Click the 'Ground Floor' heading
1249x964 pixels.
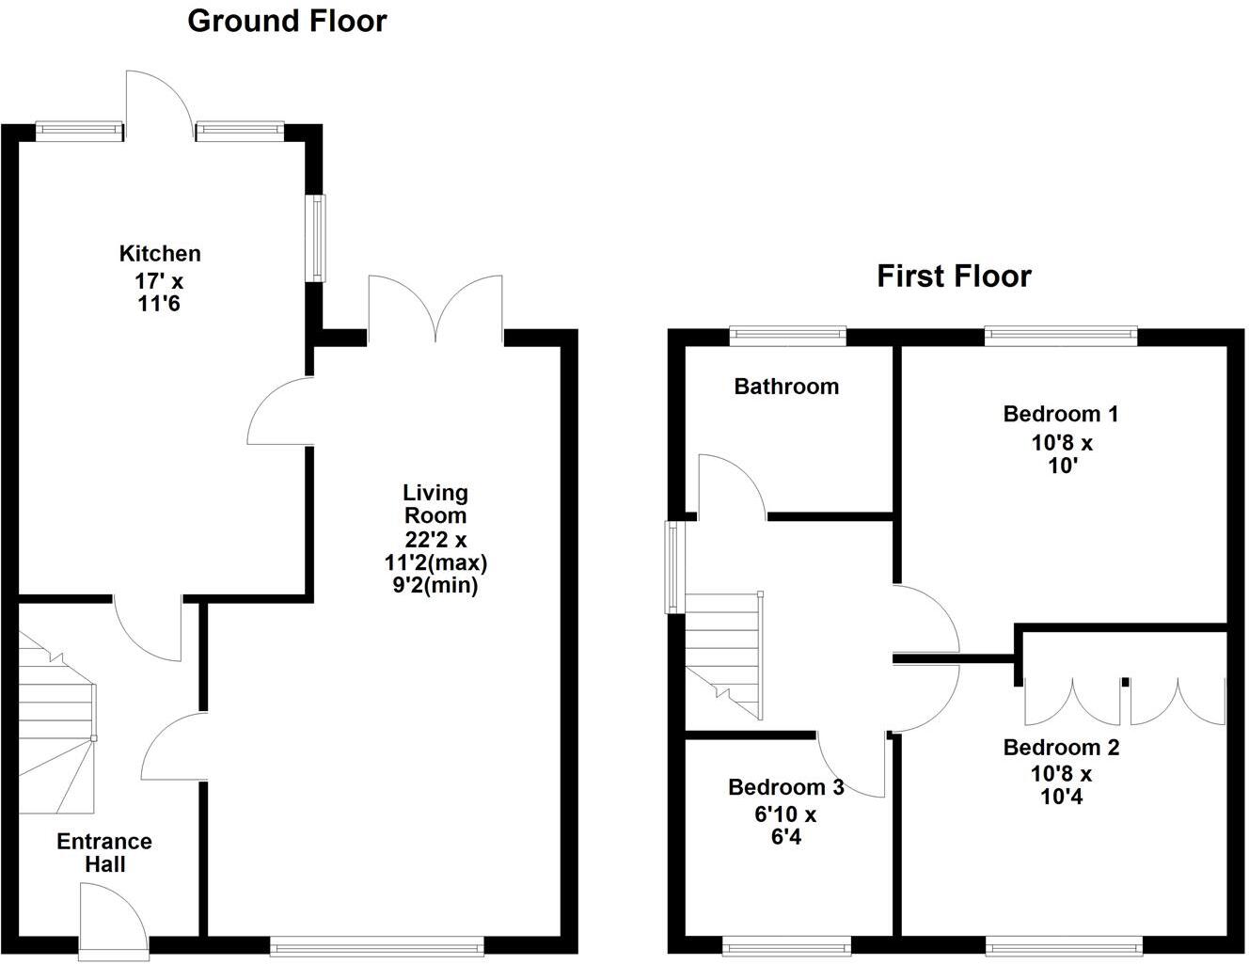click(x=287, y=21)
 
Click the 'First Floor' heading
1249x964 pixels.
click(x=954, y=277)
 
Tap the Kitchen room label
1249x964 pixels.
click(x=160, y=254)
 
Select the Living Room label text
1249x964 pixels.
click(x=435, y=504)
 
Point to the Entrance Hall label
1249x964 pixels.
click(x=104, y=852)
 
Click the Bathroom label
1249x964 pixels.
click(x=786, y=387)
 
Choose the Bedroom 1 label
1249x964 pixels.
click(x=1061, y=414)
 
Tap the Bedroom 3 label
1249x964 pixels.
click(x=786, y=788)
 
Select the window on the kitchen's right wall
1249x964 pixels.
click(x=319, y=237)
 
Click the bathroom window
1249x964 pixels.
click(x=788, y=336)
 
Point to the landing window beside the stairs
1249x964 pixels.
click(x=673, y=568)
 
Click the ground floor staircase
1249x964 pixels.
click(x=56, y=724)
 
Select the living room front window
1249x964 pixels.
click(x=376, y=944)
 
